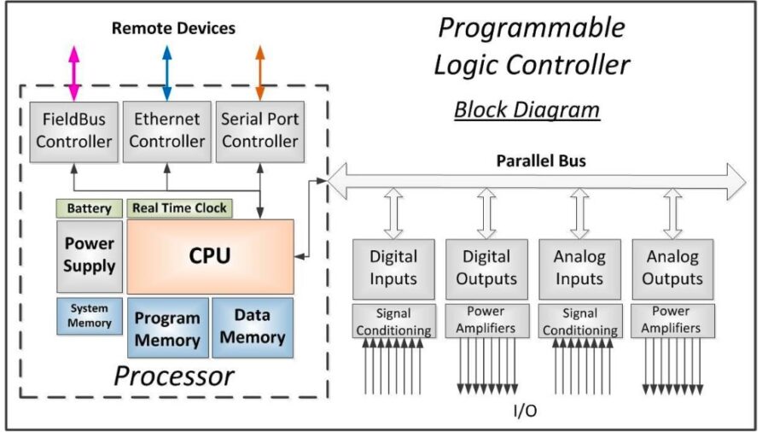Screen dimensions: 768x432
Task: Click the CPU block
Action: [211, 256]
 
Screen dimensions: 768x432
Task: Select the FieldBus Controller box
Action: [74, 131]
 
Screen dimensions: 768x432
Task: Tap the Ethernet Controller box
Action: [167, 131]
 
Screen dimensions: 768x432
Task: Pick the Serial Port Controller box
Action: [260, 131]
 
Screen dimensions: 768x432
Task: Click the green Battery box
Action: [89, 208]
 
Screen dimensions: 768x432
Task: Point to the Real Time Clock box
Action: [180, 208]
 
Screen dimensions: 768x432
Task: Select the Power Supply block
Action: [90, 256]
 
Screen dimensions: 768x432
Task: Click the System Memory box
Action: [90, 316]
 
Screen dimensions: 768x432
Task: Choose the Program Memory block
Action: [168, 328]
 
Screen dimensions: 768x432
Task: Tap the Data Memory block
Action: [253, 327]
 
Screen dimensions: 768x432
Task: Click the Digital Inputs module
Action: [393, 269]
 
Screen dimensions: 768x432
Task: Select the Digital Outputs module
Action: [487, 269]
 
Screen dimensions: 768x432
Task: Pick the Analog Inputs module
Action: [580, 269]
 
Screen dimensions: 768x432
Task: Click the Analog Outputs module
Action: [673, 269]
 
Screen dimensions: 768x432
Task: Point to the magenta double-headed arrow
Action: [74, 73]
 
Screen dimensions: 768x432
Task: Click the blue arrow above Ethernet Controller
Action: [167, 73]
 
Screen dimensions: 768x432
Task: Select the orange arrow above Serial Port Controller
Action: [260, 73]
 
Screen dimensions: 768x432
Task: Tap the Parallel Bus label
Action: [541, 161]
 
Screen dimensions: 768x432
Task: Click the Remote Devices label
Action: [173, 28]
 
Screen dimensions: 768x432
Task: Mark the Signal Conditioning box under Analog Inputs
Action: [580, 321]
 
